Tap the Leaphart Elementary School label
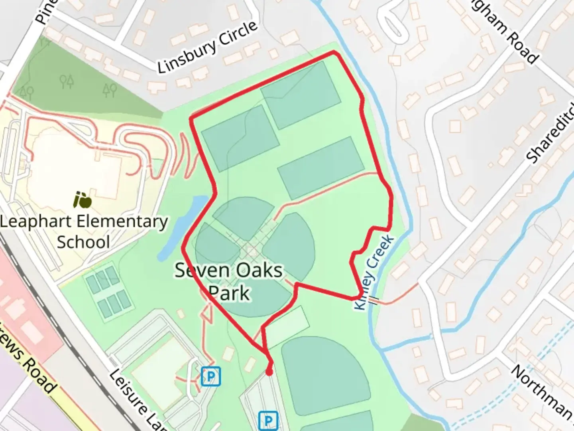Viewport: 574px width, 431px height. coord(84,231)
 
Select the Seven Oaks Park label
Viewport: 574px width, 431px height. coord(229,281)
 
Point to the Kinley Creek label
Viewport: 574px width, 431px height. coord(374,273)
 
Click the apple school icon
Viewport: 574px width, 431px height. coord(83,200)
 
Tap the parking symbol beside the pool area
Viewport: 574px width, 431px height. coord(211,376)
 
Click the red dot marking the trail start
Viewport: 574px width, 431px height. coord(269,372)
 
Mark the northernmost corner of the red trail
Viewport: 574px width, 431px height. coord(334,52)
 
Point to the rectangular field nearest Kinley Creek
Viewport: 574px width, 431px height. coord(320,168)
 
